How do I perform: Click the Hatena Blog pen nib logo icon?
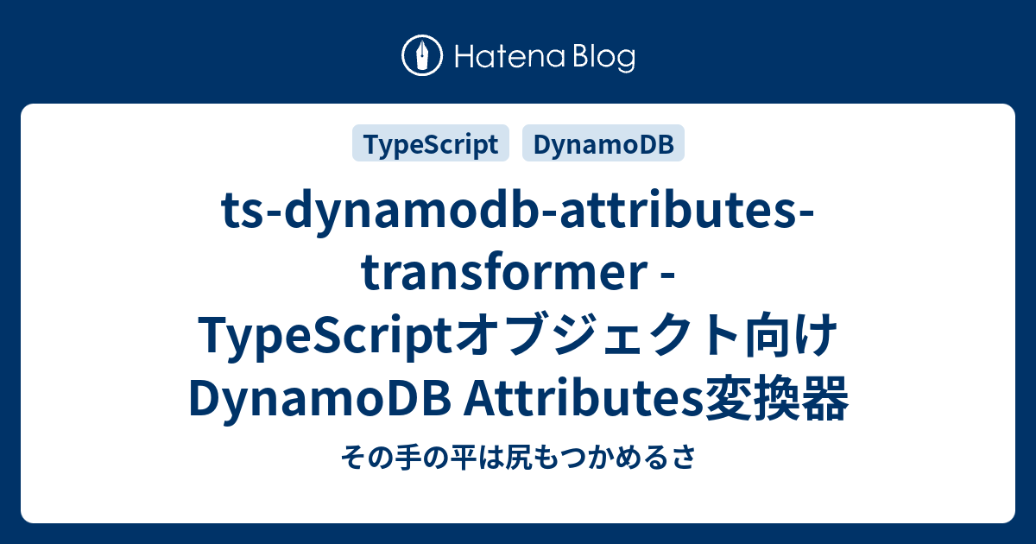point(422,55)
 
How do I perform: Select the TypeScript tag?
point(431,143)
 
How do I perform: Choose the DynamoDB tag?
point(603,143)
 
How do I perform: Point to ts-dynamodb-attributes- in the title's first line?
point(518,211)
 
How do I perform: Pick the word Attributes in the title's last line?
point(583,397)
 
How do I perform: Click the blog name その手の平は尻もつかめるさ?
point(518,457)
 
